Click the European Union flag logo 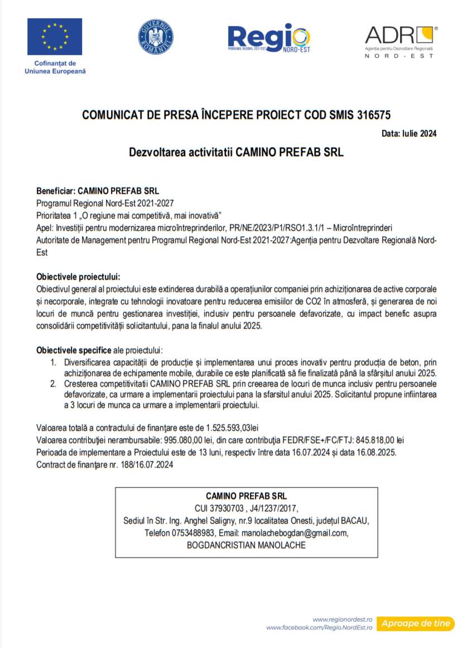tap(55, 37)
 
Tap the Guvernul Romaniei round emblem tap(156, 37)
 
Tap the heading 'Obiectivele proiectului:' tap(78, 277)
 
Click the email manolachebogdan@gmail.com tap(296, 533)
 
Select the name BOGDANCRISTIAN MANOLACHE tap(246, 545)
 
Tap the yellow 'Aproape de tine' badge tap(416, 623)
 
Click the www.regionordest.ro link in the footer tap(343, 620)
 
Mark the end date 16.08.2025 tap(378, 452)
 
